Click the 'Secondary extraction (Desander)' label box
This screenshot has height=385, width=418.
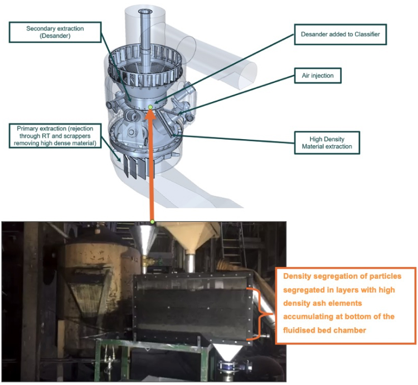point(55,32)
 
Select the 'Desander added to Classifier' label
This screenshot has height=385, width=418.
point(341,34)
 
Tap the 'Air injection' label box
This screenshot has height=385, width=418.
point(318,76)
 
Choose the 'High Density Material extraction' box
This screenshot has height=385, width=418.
point(327,142)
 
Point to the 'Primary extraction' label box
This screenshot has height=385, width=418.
point(55,136)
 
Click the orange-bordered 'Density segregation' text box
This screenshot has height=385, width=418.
point(346,305)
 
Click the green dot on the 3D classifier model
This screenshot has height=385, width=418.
point(150,107)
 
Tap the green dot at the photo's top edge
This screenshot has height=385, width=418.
point(152,221)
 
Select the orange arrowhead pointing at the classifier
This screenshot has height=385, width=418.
point(150,115)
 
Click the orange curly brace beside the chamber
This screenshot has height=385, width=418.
point(260,314)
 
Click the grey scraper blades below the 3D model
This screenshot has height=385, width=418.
point(135,167)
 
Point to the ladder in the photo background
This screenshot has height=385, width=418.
point(232,244)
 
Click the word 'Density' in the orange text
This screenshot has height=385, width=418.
point(297,277)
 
